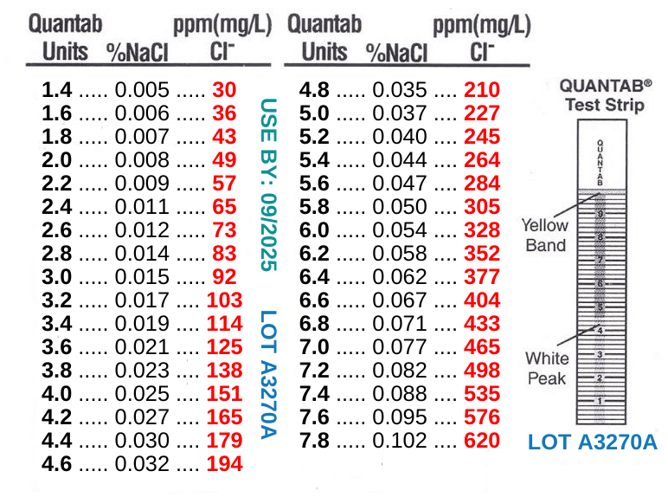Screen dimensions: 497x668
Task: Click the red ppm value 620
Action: [x=482, y=441]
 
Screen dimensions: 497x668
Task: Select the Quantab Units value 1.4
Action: [x=57, y=89]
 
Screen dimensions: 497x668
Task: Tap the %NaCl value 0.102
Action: [x=400, y=441]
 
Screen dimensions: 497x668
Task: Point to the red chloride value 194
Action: [x=224, y=464]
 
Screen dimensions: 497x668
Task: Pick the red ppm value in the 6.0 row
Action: [x=482, y=230]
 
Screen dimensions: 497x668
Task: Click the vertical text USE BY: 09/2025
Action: [x=268, y=184]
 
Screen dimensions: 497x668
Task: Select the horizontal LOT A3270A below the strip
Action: [x=593, y=442]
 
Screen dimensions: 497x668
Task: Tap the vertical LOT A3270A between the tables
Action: [x=268, y=374]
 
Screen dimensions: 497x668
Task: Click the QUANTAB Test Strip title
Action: [x=606, y=95]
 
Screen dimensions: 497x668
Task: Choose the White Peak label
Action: [x=547, y=368]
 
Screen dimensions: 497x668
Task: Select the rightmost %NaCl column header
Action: [x=396, y=53]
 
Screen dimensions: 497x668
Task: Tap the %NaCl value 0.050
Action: [x=400, y=207]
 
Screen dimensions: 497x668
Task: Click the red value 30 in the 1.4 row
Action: [x=224, y=89]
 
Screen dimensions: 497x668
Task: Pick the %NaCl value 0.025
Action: [x=142, y=394]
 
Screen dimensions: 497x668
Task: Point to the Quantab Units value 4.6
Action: [x=57, y=464]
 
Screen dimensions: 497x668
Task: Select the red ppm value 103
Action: [x=224, y=300]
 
